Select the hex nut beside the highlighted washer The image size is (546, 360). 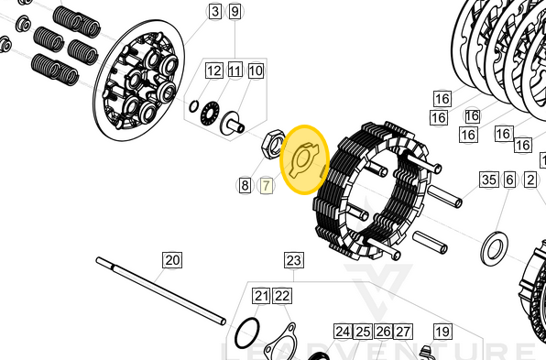pyautogui.click(x=273, y=143)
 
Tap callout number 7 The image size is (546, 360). pyautogui.click(x=267, y=186)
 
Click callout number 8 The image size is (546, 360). pyautogui.click(x=245, y=186)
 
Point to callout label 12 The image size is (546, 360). pyautogui.click(x=213, y=71)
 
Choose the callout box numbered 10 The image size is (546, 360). pyautogui.click(x=256, y=71)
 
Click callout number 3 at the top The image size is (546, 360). pyautogui.click(x=215, y=12)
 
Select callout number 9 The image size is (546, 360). pyautogui.click(x=235, y=12)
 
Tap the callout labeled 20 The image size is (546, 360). pyautogui.click(x=172, y=260)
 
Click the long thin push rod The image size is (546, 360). pyautogui.click(x=160, y=289)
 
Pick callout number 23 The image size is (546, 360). pyautogui.click(x=293, y=261)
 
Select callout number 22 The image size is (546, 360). pyautogui.click(x=282, y=296)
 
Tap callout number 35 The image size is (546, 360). pyautogui.click(x=488, y=180)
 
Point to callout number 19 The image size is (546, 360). pyautogui.click(x=442, y=332)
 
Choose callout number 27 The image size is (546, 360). pyautogui.click(x=403, y=332)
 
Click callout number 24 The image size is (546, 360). pyautogui.click(x=343, y=332)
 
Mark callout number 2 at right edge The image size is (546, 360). pyautogui.click(x=531, y=180)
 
